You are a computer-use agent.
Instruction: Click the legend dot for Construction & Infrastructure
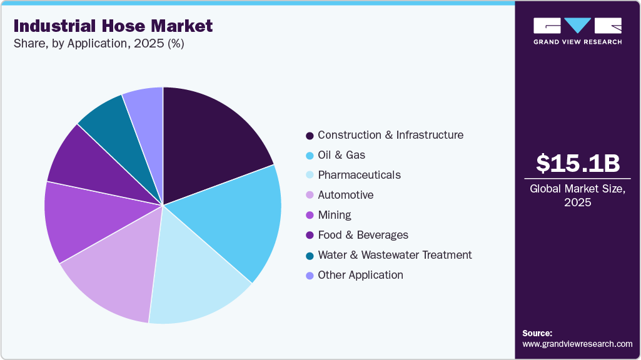tap(310, 136)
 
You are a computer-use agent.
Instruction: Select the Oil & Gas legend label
tap(341, 155)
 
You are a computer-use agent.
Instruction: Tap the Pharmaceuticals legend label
tap(359, 175)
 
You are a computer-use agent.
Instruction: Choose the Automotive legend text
tap(345, 195)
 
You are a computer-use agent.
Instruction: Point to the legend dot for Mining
tap(310, 216)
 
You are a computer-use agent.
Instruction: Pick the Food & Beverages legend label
tap(363, 235)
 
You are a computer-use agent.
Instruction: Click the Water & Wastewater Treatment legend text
tap(394, 255)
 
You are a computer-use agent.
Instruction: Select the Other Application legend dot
tap(310, 276)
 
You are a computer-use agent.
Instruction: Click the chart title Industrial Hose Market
tap(113, 26)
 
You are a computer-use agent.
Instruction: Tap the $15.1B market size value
tap(578, 163)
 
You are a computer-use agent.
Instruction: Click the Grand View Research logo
tap(577, 31)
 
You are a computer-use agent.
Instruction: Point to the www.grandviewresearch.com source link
tap(577, 344)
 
